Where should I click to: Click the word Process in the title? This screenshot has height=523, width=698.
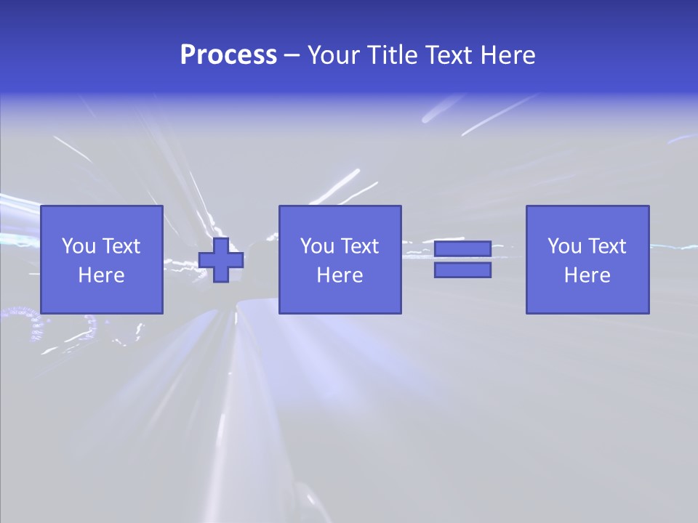pos(228,55)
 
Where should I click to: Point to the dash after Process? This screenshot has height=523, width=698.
pos(292,55)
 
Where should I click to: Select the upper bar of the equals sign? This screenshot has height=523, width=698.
pos(462,249)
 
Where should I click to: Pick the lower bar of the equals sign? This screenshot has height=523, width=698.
pos(462,270)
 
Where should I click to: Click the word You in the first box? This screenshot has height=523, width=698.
pos(79,246)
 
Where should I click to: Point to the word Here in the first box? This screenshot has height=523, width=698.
pos(102,275)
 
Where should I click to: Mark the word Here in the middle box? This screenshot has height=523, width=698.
pos(340,275)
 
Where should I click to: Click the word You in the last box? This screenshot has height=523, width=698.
pos(564,246)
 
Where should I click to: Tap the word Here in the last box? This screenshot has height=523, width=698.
pos(587,275)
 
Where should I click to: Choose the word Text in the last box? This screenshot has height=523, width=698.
pos(607,246)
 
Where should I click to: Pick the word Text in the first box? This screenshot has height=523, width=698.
pos(121,246)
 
